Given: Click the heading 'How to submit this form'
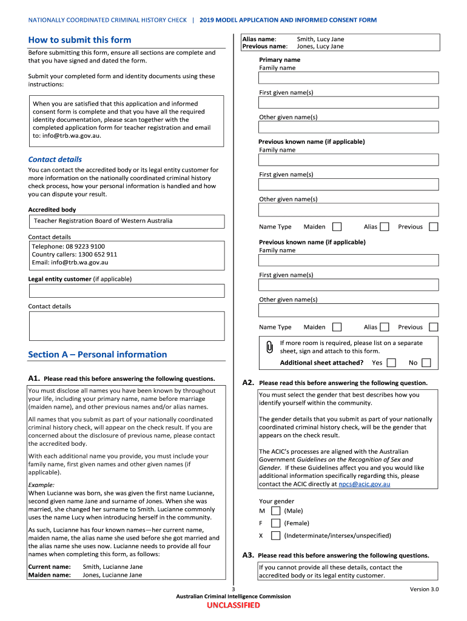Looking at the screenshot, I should [x=79, y=40].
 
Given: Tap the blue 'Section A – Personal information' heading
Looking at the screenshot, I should [x=97, y=354].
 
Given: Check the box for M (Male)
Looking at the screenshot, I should [x=275, y=511].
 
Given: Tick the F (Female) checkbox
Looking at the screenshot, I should [x=275, y=523].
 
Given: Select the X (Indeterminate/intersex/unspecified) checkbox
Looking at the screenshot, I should [x=275, y=535].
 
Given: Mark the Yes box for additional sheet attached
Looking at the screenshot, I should [x=391, y=363].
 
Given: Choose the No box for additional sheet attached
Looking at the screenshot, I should [x=426, y=363].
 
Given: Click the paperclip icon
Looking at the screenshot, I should [x=269, y=347].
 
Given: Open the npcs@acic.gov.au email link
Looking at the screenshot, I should [x=365, y=484].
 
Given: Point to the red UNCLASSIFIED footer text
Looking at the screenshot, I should [x=233, y=605].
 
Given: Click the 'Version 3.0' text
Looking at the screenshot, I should [x=424, y=589].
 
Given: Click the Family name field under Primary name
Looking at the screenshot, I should [x=348, y=78].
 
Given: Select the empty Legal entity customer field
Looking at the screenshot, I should [x=126, y=290].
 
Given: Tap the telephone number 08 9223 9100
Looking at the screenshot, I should [x=86, y=246].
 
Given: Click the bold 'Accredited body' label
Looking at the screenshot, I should [x=52, y=210].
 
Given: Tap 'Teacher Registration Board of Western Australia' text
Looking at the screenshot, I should [x=103, y=221].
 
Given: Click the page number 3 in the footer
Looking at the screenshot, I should [x=233, y=589].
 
